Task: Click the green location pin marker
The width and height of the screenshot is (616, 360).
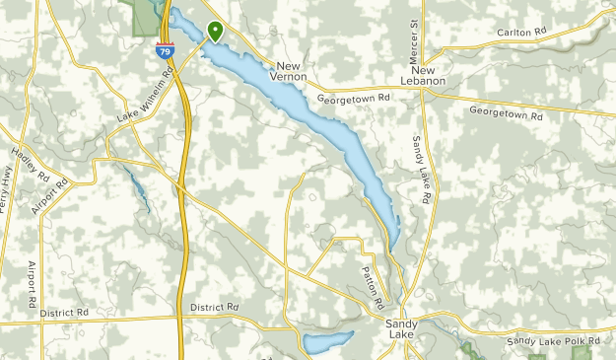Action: tap(215, 31)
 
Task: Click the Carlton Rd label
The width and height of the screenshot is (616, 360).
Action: tap(521, 33)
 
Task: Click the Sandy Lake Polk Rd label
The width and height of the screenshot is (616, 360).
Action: tap(553, 341)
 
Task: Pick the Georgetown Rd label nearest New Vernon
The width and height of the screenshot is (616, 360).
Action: tap(354, 100)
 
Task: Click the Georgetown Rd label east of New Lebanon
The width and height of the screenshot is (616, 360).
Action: tap(506, 114)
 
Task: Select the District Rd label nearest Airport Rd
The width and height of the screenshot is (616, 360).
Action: tap(64, 312)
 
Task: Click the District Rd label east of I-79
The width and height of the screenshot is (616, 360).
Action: tap(215, 308)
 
